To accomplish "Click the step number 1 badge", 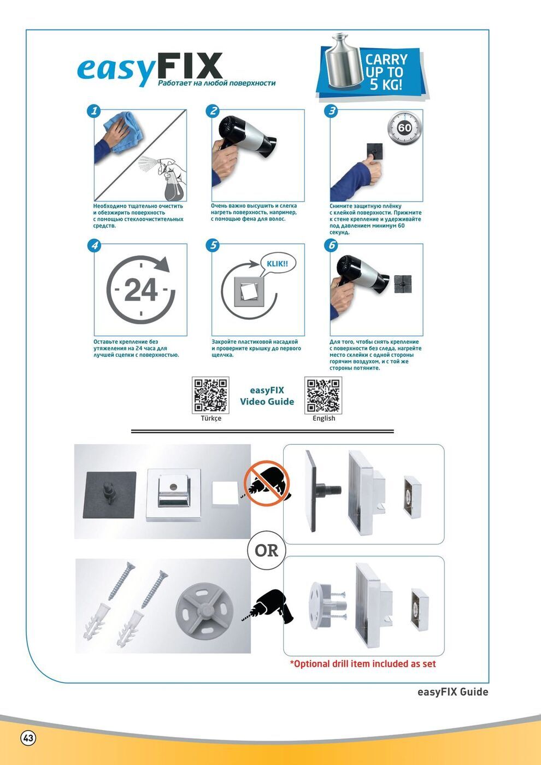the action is [93, 110].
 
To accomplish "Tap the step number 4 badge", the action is [94, 245].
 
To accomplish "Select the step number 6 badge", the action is [331, 245].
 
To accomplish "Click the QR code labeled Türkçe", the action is [210, 395].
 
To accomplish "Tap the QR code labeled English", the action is [323, 395].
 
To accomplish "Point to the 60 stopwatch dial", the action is [404, 128].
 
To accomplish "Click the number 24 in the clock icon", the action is [141, 290].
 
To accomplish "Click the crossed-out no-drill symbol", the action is [267, 483].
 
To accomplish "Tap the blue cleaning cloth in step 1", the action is [124, 132].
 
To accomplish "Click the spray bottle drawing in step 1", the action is [170, 178].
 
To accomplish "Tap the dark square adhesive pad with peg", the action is [110, 495].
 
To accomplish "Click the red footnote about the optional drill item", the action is [363, 664].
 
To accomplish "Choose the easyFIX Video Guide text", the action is [267, 396].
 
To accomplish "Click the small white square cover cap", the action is [225, 493].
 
